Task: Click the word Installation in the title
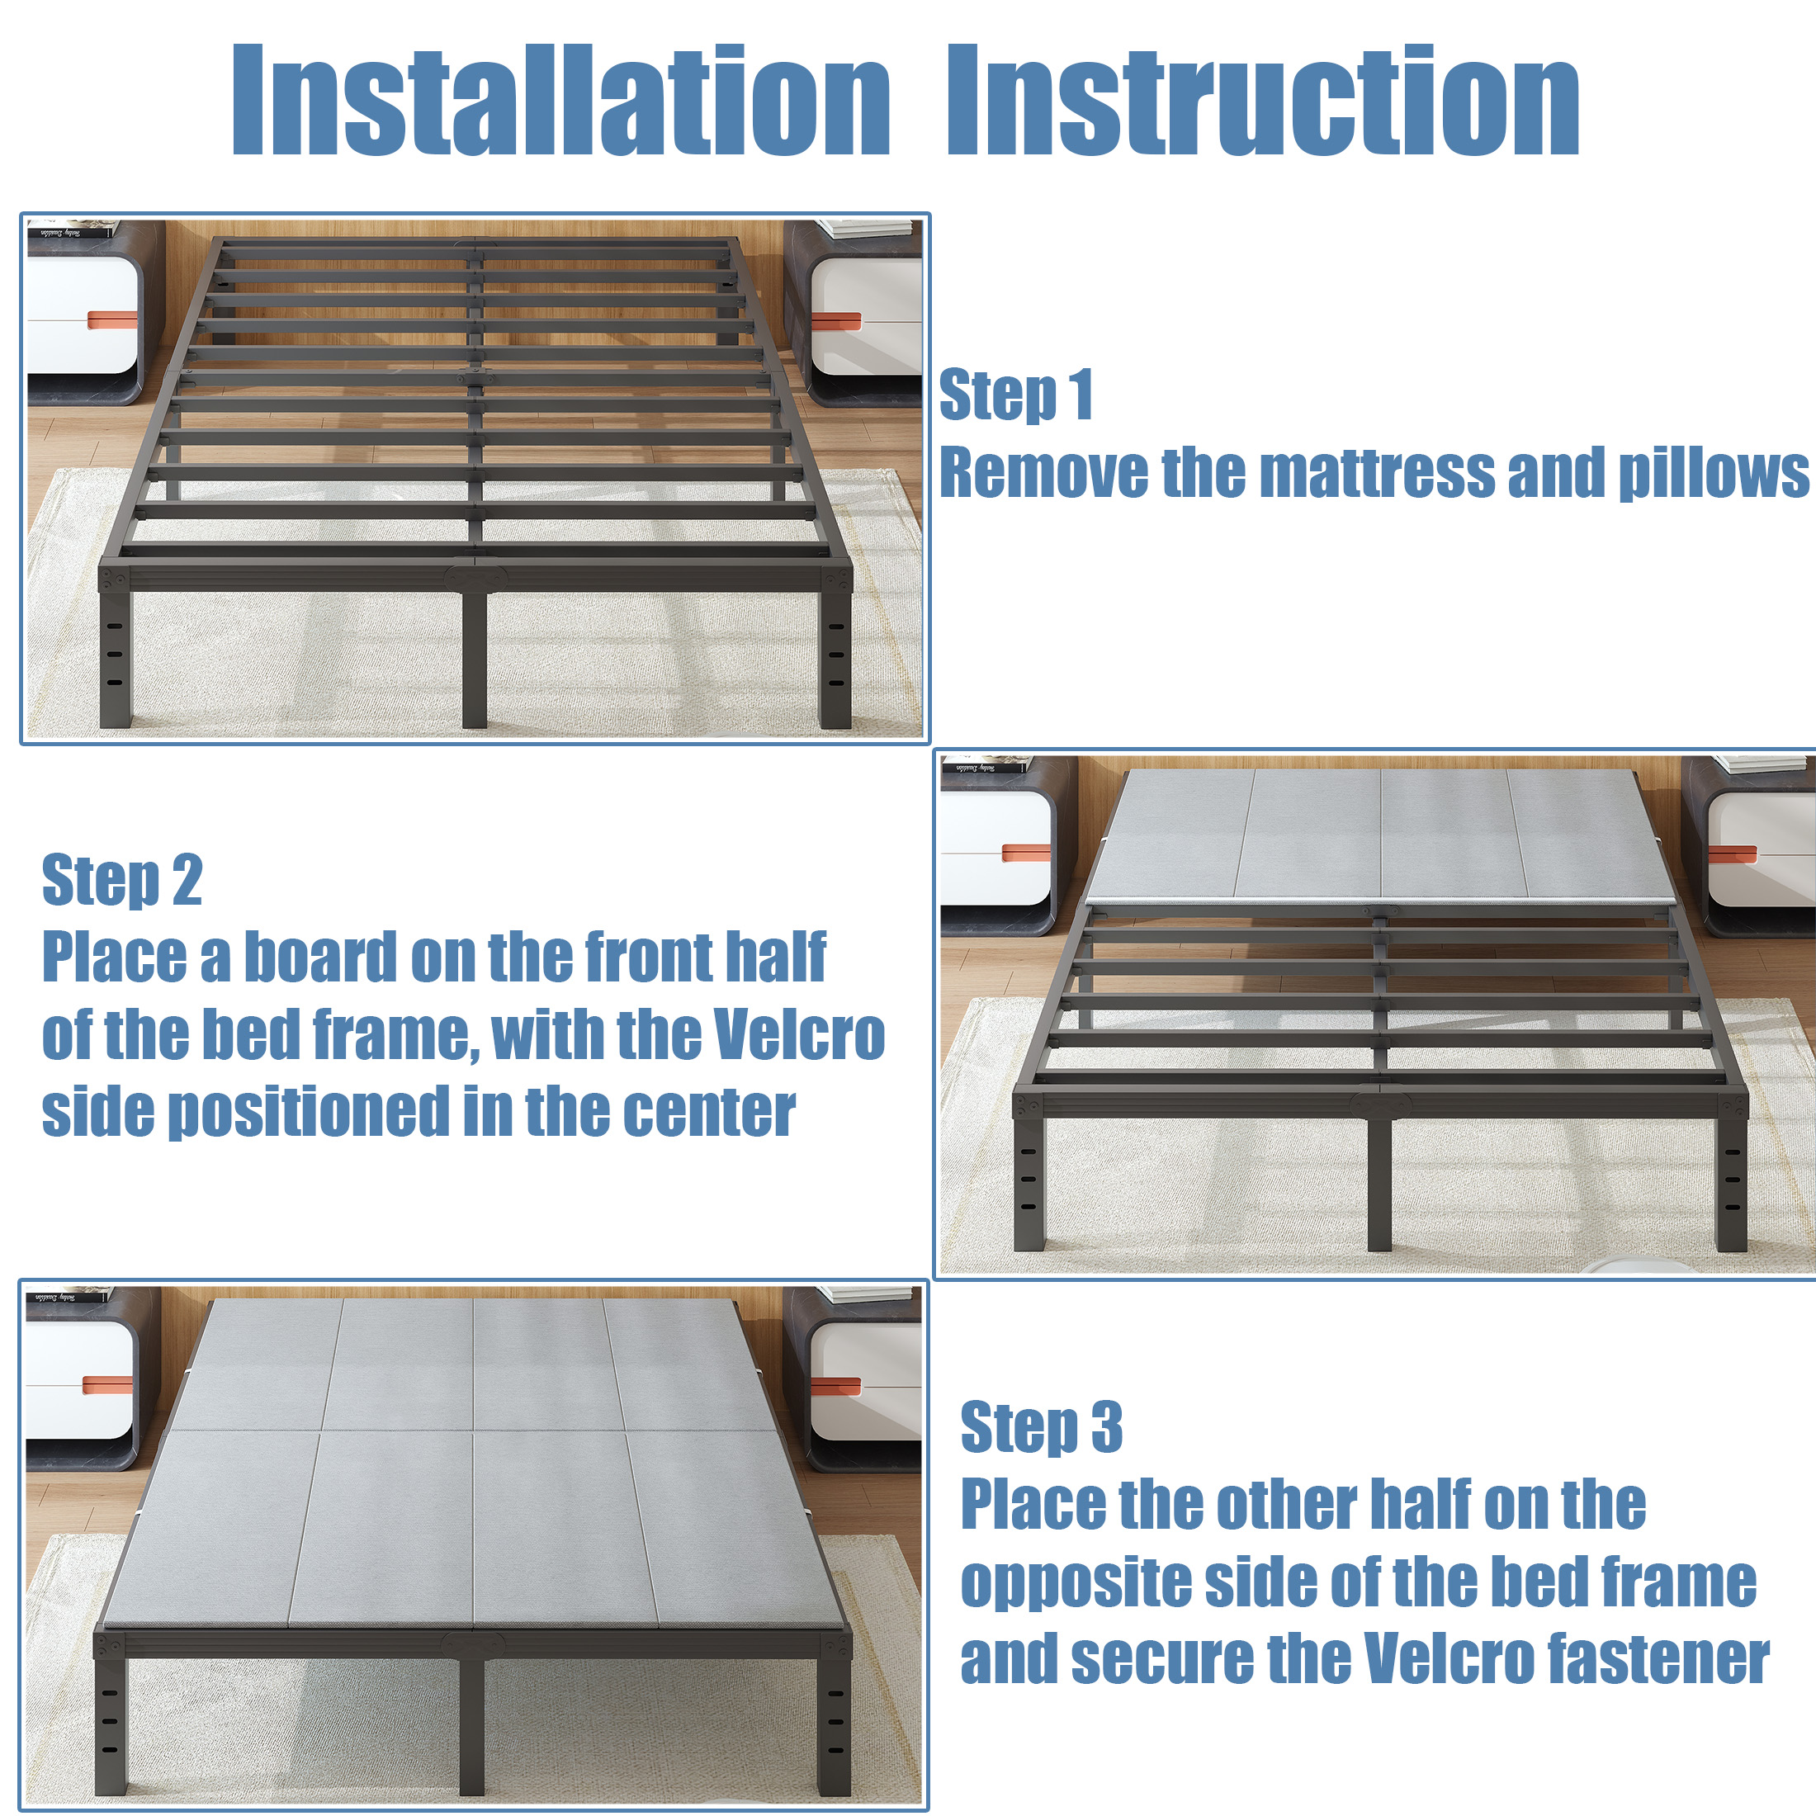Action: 560,100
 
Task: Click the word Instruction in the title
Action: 1263,100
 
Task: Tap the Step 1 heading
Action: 1016,395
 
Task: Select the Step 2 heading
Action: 122,881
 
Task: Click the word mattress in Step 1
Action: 1376,472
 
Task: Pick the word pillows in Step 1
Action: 1713,474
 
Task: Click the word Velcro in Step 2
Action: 799,1034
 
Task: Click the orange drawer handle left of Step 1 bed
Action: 111,320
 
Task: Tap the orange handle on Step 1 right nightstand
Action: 835,321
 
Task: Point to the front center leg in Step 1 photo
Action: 475,659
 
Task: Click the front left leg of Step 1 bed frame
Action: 116,659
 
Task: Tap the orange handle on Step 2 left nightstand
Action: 1025,853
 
